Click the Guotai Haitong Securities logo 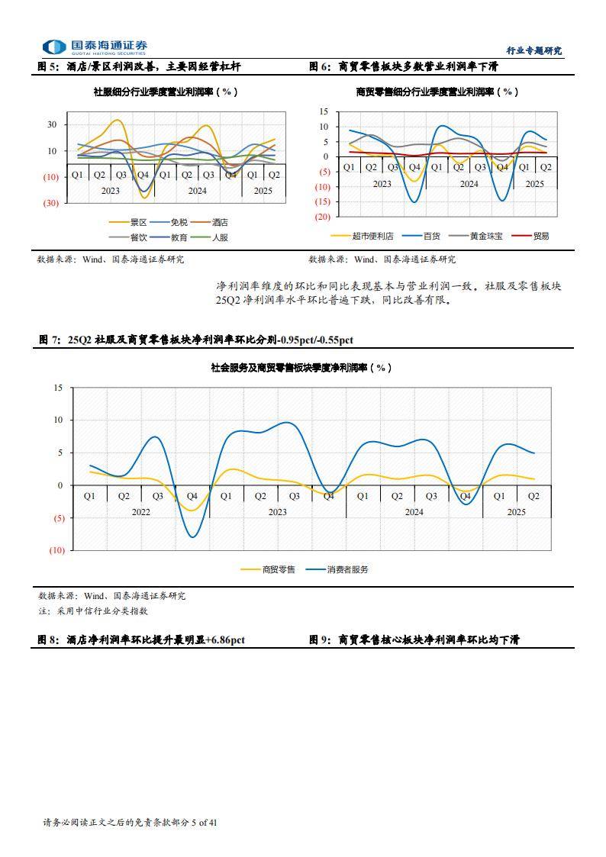95,47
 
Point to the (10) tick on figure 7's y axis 56,550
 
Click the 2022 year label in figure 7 140,512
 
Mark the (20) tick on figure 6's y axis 321,217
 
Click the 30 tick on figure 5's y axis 52,124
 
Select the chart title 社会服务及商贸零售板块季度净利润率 301,368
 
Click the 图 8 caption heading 142,640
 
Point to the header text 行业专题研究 533,51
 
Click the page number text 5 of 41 204,822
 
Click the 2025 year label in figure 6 534,184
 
